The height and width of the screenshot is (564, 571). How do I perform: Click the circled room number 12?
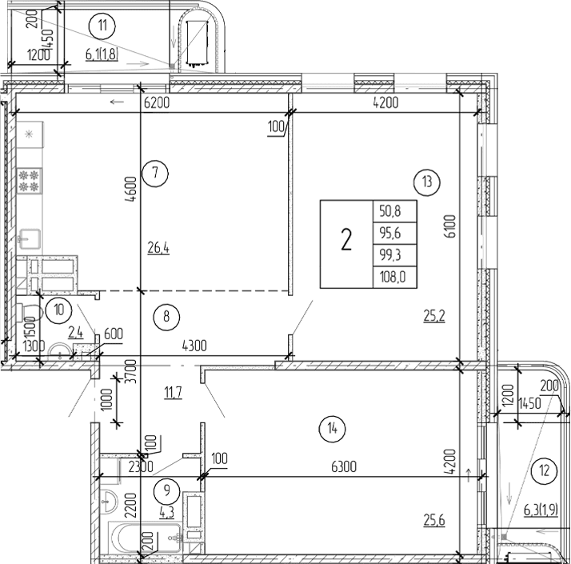(x=545, y=470)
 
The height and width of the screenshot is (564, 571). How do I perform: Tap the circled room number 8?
(x=166, y=316)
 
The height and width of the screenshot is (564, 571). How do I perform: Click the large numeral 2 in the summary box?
(x=346, y=240)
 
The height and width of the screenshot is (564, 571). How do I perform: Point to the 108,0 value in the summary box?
(x=394, y=278)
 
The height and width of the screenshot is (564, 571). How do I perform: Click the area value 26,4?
(x=159, y=249)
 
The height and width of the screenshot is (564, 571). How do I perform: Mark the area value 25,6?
(x=434, y=522)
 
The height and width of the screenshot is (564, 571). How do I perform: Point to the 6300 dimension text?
(x=329, y=466)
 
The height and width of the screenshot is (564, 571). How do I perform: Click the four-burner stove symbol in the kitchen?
(x=30, y=180)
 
